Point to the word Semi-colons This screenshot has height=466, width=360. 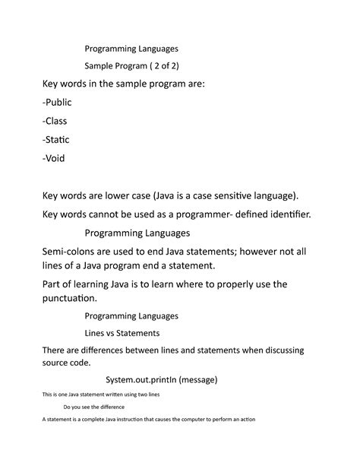[x=57, y=250]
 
